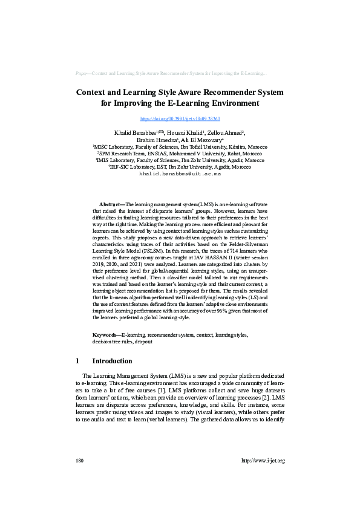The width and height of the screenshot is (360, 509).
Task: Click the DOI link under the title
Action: tap(180, 119)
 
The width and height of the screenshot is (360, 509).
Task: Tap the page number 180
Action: tap(79, 461)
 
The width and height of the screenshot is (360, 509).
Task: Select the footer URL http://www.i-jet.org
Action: tap(263, 461)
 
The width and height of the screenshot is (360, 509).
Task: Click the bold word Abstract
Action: tap(110, 206)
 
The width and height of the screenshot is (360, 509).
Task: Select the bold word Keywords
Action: tap(106, 334)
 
